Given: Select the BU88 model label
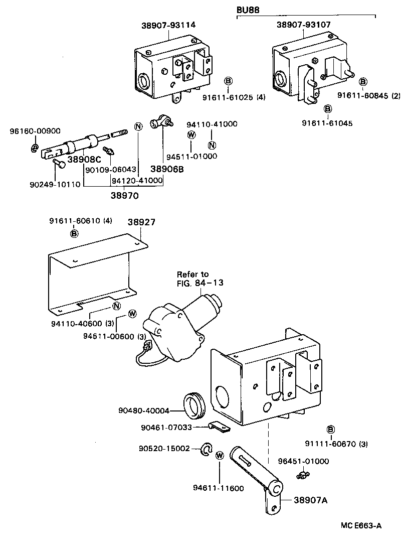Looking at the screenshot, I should click(x=247, y=9).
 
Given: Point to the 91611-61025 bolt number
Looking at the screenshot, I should click(x=234, y=97).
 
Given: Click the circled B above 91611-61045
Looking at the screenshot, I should click(x=328, y=109).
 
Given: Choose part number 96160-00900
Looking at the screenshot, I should click(x=35, y=131).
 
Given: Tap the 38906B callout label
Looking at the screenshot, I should click(x=167, y=169).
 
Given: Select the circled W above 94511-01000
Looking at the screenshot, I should click(x=191, y=134).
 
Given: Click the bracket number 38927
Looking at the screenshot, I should click(x=140, y=222).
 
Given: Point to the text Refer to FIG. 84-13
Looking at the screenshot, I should click(x=199, y=278).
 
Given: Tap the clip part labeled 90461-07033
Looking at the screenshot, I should click(x=219, y=427).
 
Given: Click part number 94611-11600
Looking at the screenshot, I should click(x=218, y=488).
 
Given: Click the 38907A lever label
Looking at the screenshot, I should click(x=303, y=500).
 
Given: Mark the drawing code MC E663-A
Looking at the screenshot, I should click(x=361, y=526).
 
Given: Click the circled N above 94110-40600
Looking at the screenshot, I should click(x=116, y=307).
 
